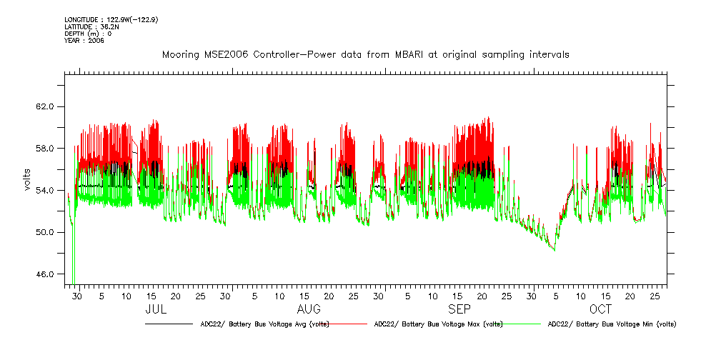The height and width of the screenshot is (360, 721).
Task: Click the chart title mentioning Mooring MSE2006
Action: tap(365, 55)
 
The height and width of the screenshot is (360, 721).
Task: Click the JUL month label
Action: tap(156, 309)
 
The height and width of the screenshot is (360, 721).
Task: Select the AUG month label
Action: tap(309, 309)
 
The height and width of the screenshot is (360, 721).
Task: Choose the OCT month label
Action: tap(600, 309)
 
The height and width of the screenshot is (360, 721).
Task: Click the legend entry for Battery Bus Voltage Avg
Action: tap(263, 324)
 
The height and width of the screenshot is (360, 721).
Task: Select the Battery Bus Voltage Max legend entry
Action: tap(438, 324)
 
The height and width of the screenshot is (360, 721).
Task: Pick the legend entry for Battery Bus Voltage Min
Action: tap(612, 324)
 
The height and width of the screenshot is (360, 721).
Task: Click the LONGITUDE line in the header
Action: tap(111, 19)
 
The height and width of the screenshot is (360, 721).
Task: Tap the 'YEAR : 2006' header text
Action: tap(84, 41)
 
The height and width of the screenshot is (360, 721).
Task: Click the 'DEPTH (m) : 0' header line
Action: tap(88, 34)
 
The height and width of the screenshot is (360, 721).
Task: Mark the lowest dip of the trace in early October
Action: tap(555, 250)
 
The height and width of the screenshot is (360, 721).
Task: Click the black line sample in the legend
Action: tap(169, 324)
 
